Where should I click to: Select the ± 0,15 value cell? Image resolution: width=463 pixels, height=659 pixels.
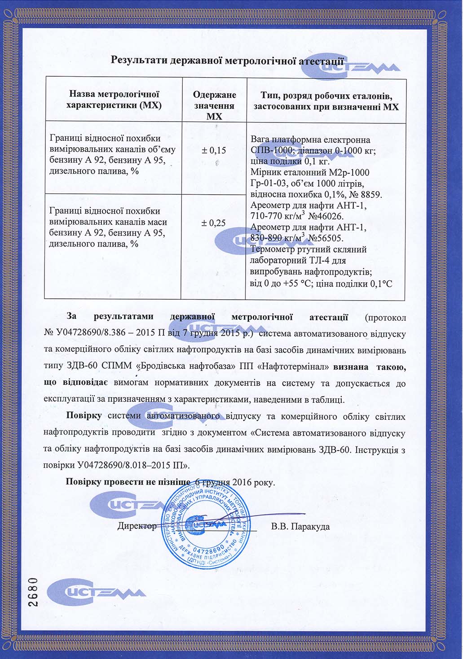pos(214,150)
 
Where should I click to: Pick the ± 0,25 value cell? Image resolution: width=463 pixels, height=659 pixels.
pos(214,223)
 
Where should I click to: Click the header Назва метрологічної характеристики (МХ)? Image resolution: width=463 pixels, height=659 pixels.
pos(114,100)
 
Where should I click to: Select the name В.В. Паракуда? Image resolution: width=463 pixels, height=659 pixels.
pos(300,526)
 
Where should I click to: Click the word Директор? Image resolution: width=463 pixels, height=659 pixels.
pos(137,526)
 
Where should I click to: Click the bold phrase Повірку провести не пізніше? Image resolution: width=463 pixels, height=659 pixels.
pos(128,482)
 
